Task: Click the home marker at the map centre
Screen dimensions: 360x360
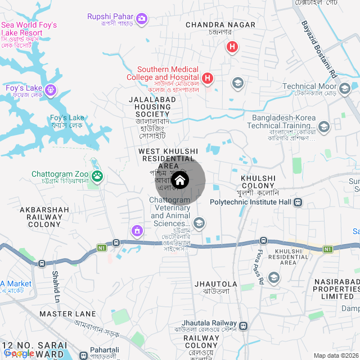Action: [180, 181]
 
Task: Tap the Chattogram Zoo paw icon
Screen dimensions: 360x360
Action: [98, 177]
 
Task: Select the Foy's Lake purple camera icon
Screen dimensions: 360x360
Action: [51, 89]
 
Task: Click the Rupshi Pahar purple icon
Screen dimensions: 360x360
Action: [142, 20]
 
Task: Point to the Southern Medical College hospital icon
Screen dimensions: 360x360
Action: [208, 78]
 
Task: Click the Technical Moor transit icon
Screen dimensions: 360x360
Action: [345, 87]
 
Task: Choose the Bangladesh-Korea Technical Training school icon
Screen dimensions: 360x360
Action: [323, 127]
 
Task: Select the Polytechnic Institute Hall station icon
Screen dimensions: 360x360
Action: [298, 202]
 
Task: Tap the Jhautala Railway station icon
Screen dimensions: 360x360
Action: [243, 326]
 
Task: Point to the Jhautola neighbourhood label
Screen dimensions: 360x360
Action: [216, 284]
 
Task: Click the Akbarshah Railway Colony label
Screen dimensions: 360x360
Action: [44, 217]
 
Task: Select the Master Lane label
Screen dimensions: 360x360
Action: [68, 313]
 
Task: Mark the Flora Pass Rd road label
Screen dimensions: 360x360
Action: [260, 268]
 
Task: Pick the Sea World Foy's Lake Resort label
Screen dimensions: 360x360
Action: [29, 29]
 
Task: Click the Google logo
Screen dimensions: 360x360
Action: [19, 353]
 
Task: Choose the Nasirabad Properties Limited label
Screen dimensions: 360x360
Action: [334, 288]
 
